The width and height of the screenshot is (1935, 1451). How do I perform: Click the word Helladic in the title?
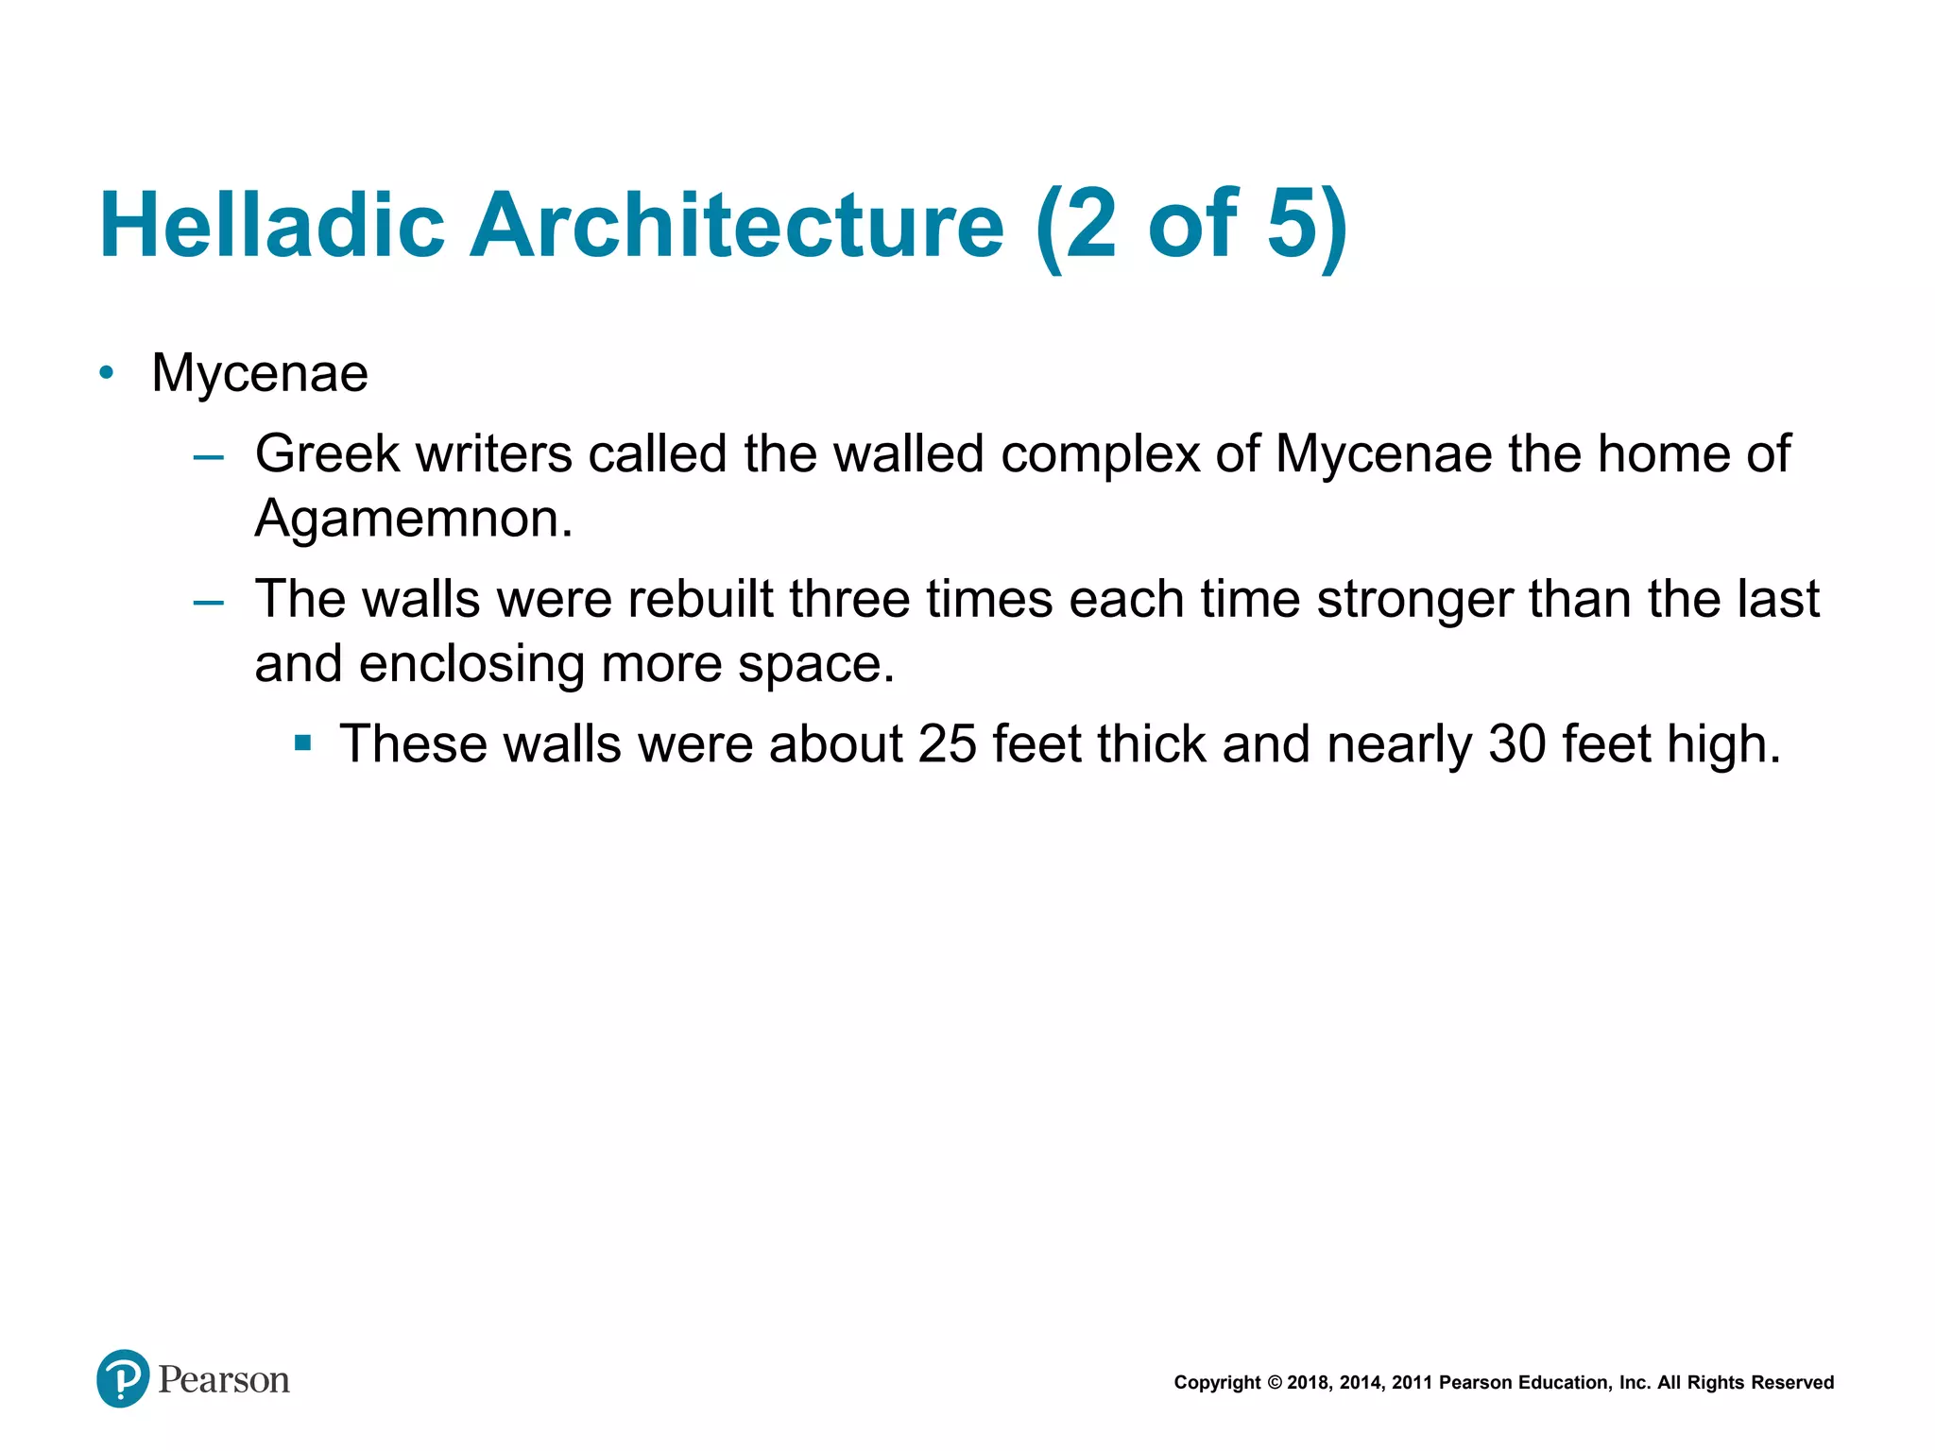272,226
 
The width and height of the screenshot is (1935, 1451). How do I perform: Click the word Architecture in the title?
737,226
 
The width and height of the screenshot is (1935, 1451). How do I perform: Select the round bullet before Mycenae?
107,373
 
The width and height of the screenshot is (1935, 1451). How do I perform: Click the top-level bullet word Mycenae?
260,373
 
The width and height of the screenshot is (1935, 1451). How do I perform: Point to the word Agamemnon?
413,519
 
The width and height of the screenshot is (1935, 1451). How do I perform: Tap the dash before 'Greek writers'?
208,459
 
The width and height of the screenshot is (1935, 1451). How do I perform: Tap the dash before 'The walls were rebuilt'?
208,603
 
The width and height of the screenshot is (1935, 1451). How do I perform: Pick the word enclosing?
471,664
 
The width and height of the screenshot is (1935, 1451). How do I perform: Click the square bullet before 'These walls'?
302,743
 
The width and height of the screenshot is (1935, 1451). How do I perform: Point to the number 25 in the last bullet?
947,744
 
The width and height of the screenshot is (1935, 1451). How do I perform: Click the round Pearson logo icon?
123,1379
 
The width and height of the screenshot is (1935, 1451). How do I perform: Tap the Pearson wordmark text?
224,1380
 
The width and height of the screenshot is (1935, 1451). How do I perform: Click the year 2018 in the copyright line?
1308,1383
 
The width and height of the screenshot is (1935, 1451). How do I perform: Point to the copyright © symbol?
1274,1383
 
